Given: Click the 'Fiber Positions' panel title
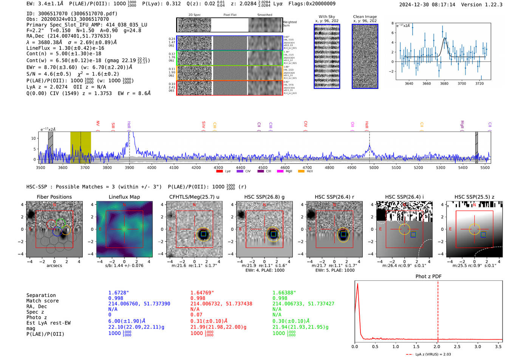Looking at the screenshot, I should click(x=54, y=197).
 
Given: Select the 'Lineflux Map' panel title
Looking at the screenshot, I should click(x=124, y=197).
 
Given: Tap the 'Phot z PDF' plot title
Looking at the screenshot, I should click(x=428, y=276).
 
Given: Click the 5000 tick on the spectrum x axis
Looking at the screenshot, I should click(x=374, y=168).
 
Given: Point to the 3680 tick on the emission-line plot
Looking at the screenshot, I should click(x=444, y=83).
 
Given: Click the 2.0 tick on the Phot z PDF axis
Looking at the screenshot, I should click(x=436, y=346).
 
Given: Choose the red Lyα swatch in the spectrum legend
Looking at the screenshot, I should click(x=219, y=172).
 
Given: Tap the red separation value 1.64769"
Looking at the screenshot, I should click(x=202, y=293).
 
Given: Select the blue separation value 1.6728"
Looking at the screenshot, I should click(x=118, y=293).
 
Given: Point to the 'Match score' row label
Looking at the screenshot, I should click(x=42, y=301).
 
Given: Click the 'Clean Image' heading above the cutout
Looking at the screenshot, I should click(x=365, y=17).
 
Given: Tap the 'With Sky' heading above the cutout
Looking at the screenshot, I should click(x=326, y=17).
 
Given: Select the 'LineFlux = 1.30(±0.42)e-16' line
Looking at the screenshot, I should click(x=65, y=48).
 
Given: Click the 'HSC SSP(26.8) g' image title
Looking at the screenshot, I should click(x=264, y=197).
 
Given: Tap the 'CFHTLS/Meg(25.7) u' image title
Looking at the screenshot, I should click(x=194, y=197).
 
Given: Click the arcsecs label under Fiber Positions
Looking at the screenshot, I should click(x=54, y=266).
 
